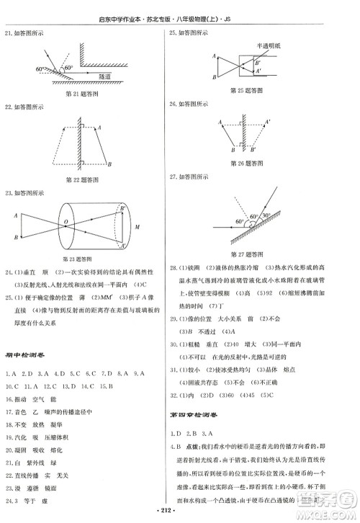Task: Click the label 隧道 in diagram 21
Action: coord(125,74)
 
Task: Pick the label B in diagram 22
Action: coord(109,164)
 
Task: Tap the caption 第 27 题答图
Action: coord(246,254)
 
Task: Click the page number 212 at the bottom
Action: coord(180,514)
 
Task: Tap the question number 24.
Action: coord(9,273)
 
